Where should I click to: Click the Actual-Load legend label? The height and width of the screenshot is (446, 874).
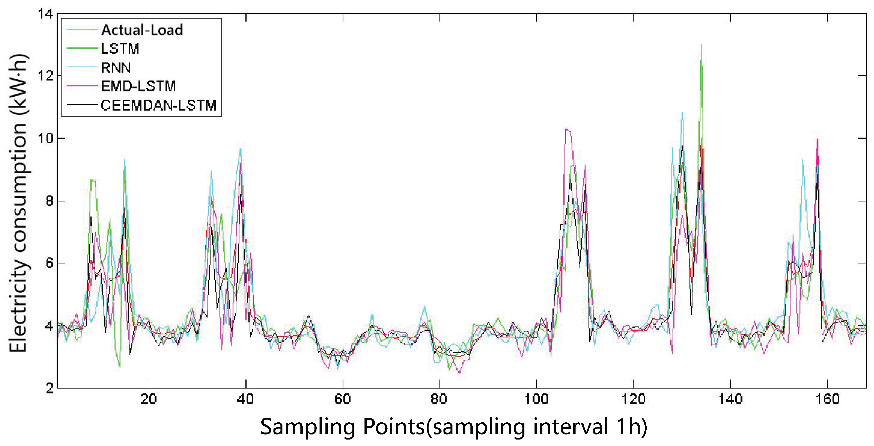point(142,30)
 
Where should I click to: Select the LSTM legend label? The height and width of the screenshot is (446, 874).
point(120,49)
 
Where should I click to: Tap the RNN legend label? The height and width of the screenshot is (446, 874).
point(116,67)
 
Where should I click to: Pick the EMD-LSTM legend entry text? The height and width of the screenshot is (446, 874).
point(138,86)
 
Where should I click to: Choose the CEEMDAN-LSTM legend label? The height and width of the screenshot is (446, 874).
point(159,105)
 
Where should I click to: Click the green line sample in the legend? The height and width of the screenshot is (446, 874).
point(82,49)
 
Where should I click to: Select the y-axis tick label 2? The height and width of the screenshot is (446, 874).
point(49,388)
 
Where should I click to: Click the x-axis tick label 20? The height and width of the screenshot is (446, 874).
point(148,399)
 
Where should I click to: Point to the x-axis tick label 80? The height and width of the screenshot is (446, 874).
point(439,399)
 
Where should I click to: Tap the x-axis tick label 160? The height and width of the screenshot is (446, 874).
point(827,399)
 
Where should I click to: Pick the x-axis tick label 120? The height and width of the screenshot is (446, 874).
point(633,399)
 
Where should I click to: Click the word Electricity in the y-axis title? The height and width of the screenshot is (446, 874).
point(18,305)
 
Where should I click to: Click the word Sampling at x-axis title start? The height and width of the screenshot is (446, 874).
point(307,427)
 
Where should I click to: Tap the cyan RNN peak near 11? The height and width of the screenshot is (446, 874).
point(682,113)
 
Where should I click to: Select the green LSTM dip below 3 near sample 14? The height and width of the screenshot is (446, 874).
point(119,367)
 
